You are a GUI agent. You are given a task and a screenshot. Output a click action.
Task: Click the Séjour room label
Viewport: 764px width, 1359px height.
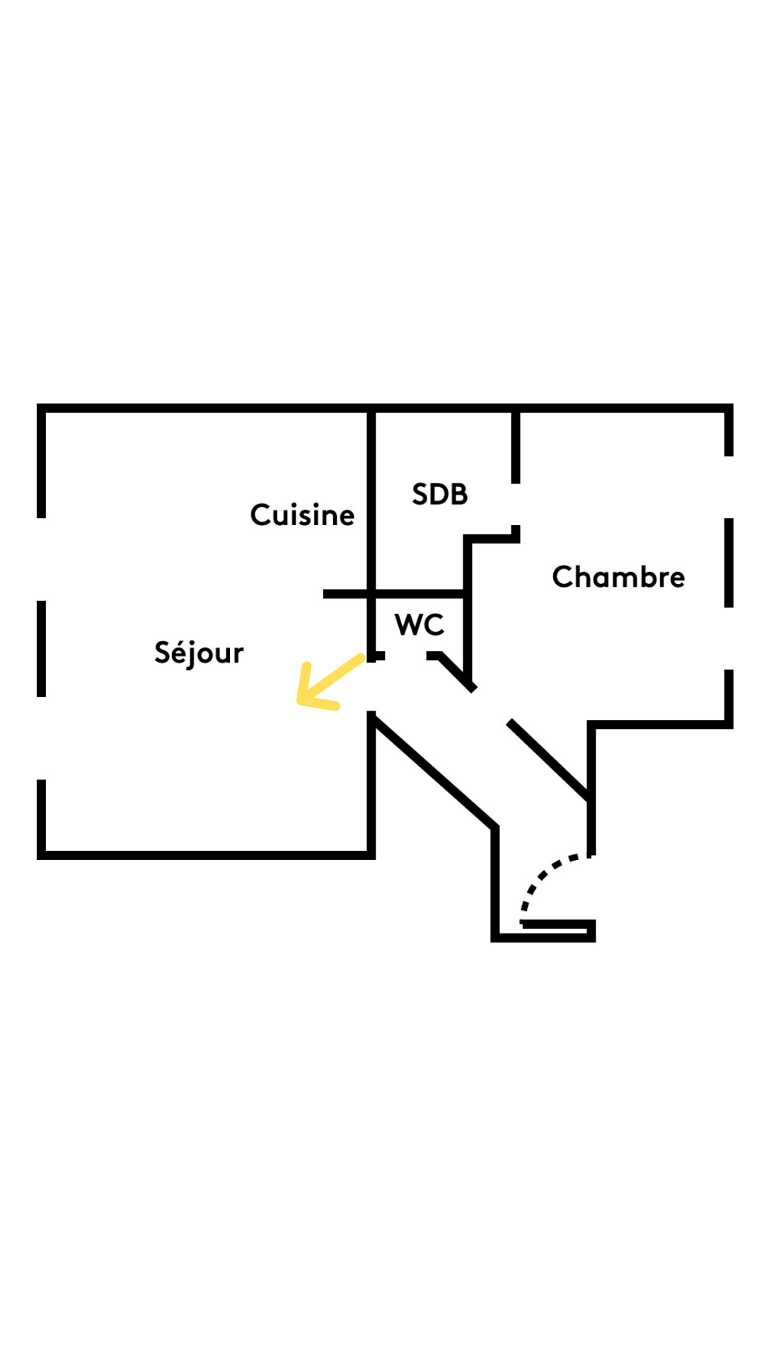(x=199, y=653)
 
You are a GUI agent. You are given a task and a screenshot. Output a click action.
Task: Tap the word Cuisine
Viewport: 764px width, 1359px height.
(x=302, y=515)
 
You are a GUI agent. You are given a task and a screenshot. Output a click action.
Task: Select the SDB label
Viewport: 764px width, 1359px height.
(x=439, y=494)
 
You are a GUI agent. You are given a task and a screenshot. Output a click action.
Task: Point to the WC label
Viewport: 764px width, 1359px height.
(x=419, y=624)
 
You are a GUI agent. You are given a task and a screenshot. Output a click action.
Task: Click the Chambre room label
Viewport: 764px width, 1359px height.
(x=618, y=577)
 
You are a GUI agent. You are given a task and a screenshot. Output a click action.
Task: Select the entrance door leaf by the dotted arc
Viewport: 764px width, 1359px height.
(x=557, y=923)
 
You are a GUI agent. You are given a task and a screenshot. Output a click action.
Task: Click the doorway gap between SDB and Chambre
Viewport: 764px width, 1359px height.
(x=516, y=505)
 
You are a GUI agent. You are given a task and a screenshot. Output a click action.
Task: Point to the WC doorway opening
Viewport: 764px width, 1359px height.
(x=405, y=657)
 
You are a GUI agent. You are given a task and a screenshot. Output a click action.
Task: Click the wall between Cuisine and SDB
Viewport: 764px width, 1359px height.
(x=371, y=495)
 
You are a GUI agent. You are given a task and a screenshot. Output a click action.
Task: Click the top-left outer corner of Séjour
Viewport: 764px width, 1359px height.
(x=41, y=408)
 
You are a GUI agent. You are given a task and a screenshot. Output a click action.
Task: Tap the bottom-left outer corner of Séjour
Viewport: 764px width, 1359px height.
(x=41, y=855)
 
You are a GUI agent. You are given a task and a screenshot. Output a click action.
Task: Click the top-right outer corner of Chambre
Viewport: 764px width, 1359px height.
(x=729, y=408)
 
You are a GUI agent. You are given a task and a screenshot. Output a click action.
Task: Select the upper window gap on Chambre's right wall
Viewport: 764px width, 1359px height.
(x=729, y=487)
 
